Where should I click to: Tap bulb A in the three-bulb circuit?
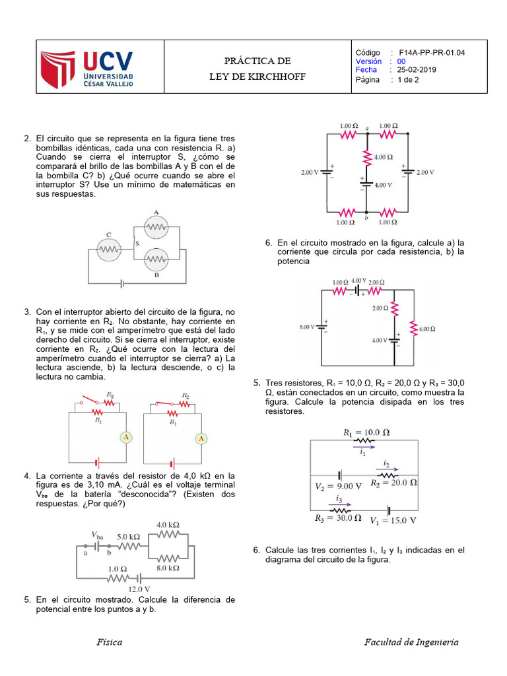(156, 226)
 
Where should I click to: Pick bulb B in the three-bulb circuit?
(156, 258)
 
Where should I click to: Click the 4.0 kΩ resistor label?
(168, 525)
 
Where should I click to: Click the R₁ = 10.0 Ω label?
(366, 432)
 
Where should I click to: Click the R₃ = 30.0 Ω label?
(337, 518)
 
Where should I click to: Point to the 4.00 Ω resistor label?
(382, 157)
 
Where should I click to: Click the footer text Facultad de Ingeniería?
(411, 642)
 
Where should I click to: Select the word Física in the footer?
(109, 642)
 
